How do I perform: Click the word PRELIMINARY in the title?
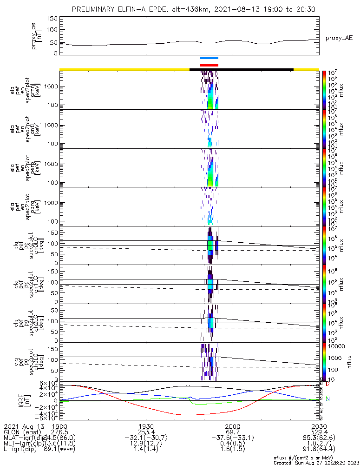[x=95, y=9]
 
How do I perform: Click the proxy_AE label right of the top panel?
[x=339, y=38]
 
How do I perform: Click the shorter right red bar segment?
[x=216, y=65]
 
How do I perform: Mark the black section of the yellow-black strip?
[x=242, y=69]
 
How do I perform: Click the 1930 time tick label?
[x=146, y=426]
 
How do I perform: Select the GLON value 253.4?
[x=146, y=432]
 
